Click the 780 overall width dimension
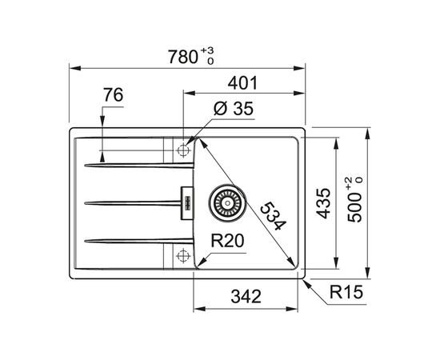[x=183, y=57]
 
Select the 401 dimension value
[x=242, y=83]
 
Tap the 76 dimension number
[x=114, y=95]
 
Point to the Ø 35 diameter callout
[x=234, y=108]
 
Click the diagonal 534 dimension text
[x=273, y=216]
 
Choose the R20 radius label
[x=227, y=241]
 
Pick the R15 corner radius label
[x=346, y=292]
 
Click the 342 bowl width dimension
[x=246, y=296]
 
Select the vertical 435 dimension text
[x=323, y=203]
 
